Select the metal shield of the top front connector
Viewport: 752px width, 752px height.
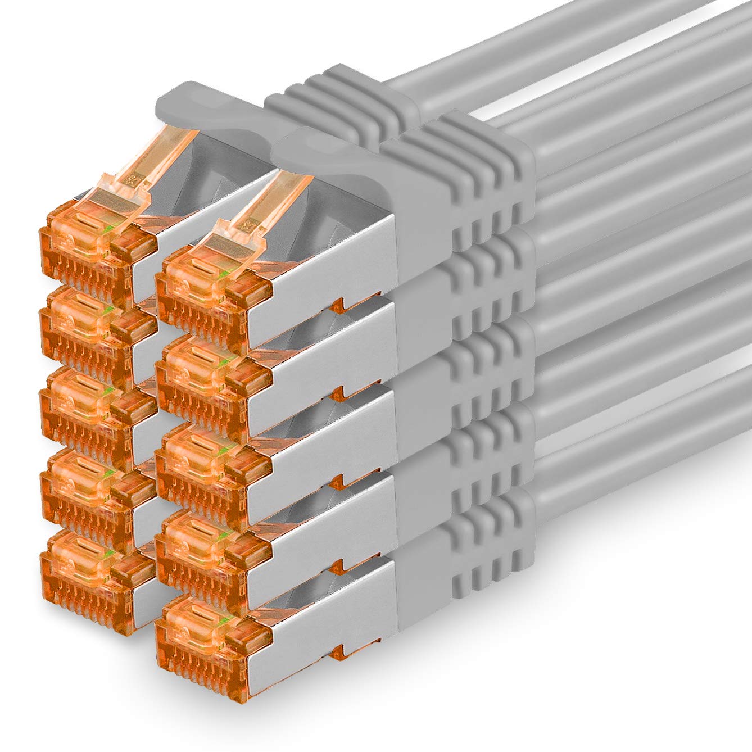(337, 253)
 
